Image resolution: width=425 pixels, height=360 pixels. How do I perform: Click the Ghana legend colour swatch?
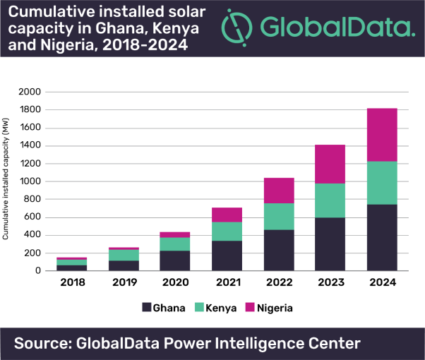point(147,308)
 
